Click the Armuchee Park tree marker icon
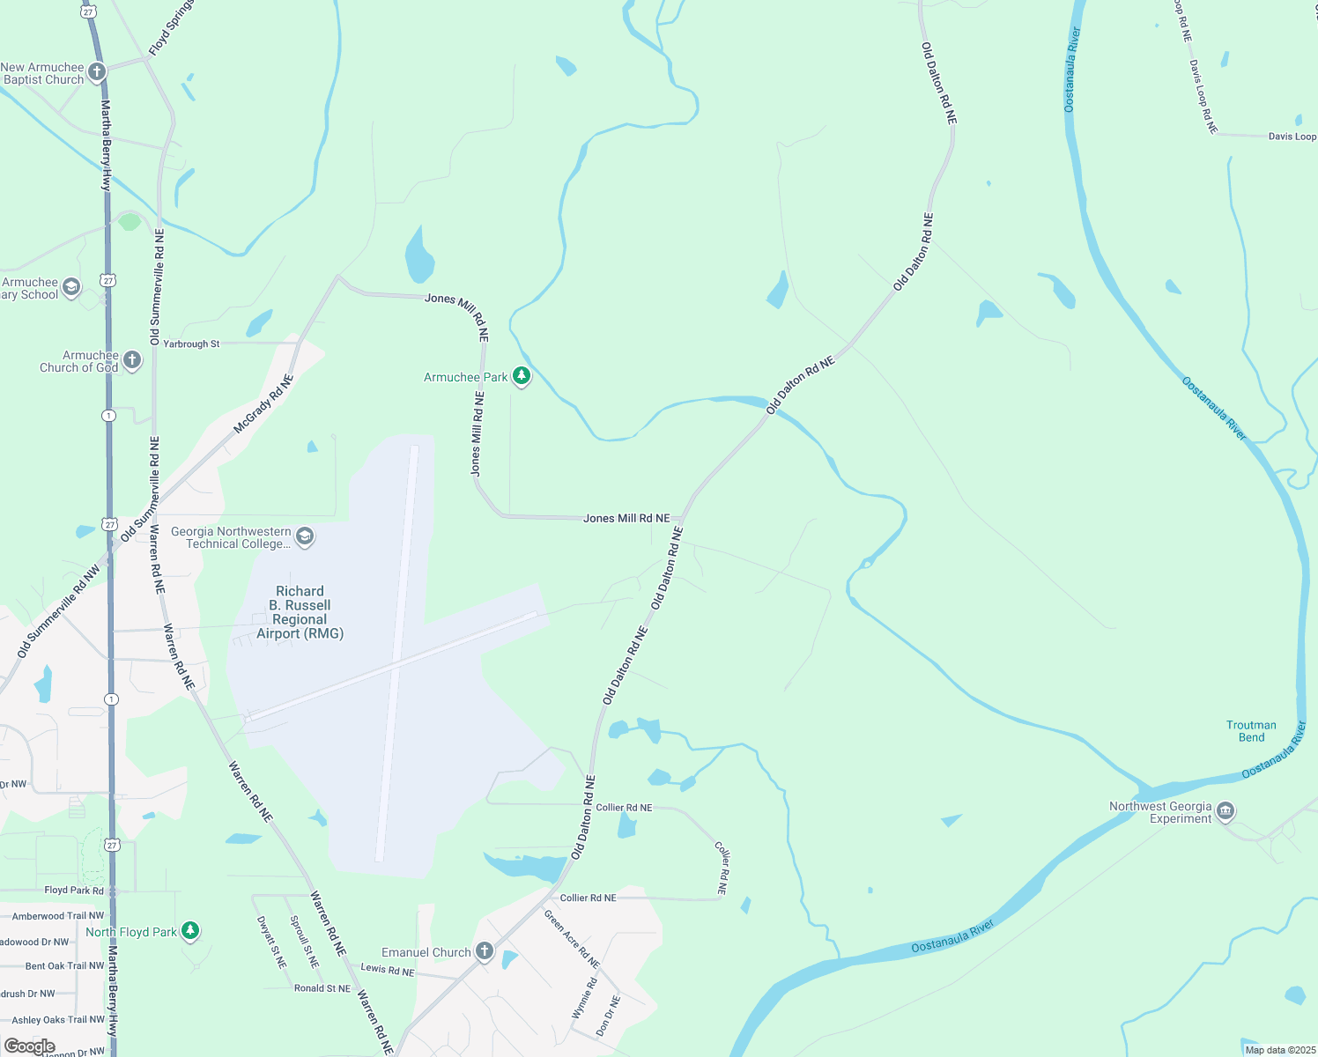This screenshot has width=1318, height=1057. coord(522,376)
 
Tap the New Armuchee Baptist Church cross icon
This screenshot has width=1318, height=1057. coord(97,72)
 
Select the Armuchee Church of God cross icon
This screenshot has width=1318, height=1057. coord(132,359)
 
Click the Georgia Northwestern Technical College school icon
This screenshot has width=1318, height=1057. coord(305,536)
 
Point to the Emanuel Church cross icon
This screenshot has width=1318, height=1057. coord(484,951)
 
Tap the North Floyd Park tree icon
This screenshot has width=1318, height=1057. coord(190,931)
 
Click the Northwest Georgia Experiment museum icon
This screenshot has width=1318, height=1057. coord(1225,811)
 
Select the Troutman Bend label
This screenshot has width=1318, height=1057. coord(1251,731)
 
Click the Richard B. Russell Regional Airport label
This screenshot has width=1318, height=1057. coord(300,612)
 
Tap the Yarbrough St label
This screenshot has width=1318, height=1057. coord(191,344)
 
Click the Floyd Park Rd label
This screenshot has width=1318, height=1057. coord(74,891)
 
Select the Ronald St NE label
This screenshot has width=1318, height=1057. coord(322,988)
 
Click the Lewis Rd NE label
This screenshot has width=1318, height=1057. coord(388,969)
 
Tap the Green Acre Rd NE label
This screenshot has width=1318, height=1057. coord(571,939)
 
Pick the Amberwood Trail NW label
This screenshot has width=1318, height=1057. coord(58,916)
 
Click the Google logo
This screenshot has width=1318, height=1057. coord(29,1046)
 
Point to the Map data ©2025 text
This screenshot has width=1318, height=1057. coord(1278,1050)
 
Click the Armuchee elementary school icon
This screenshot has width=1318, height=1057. coord(71,286)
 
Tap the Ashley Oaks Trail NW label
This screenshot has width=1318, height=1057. coord(58,1020)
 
